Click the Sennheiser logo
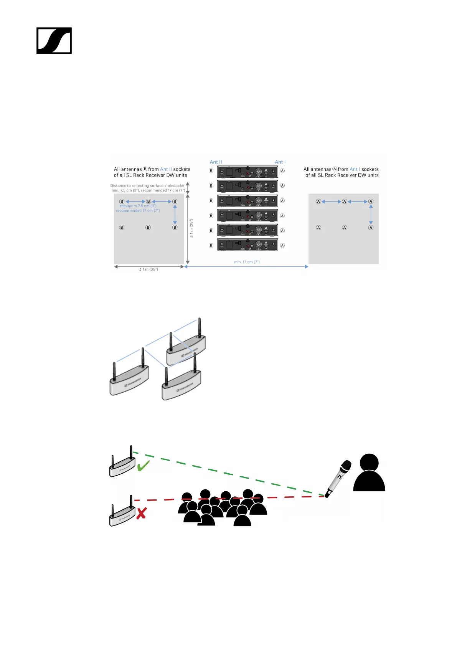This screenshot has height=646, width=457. pos(54,41)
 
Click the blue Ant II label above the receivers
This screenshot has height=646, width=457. pos(216,162)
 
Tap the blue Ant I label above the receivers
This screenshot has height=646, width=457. pos(280,162)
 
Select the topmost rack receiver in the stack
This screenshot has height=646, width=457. pos(247,171)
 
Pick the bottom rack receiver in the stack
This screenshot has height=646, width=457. pos(247,245)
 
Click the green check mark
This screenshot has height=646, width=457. pos(143,466)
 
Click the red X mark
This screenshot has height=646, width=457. pos(141,513)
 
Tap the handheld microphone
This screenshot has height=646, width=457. pos(338,478)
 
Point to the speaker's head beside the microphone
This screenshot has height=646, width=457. pos(370,463)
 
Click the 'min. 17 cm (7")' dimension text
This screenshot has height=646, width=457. pos(247,262)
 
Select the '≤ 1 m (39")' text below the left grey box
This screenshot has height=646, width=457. pos(148,269)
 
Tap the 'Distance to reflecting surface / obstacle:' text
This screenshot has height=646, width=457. pos(147,186)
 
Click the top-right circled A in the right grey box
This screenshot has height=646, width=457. pos(371,202)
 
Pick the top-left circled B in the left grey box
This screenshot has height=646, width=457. pos(122,202)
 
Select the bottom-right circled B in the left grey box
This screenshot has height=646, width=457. pos(175,228)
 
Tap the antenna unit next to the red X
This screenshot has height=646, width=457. pos(122,513)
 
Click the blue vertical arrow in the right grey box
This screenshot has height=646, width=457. pos(371,215)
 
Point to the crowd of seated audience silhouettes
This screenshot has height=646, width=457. pos(223,507)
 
